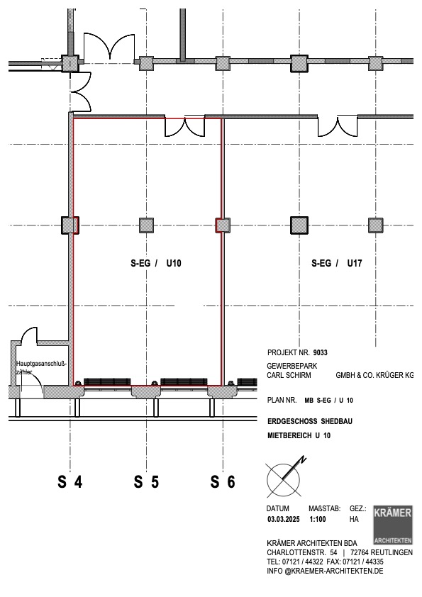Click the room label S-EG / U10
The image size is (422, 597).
(156, 263)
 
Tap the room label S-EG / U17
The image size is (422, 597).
(337, 263)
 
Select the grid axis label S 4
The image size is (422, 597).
(70, 482)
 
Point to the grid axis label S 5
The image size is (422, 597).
(146, 482)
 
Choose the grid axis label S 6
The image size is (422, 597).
(223, 482)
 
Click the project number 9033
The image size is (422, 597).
(321, 352)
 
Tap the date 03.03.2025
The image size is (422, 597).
(284, 519)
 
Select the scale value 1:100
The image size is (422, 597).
(318, 519)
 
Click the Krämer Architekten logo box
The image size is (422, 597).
(393, 525)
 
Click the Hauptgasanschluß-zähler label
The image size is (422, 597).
(41, 367)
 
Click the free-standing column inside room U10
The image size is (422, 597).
(146, 225)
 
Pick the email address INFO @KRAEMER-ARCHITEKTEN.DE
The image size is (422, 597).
(325, 571)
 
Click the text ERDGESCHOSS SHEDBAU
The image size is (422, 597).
(310, 421)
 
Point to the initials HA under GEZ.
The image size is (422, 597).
(354, 519)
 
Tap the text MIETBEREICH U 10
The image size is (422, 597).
(299, 435)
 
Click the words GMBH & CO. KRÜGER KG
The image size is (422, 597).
(374, 375)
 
